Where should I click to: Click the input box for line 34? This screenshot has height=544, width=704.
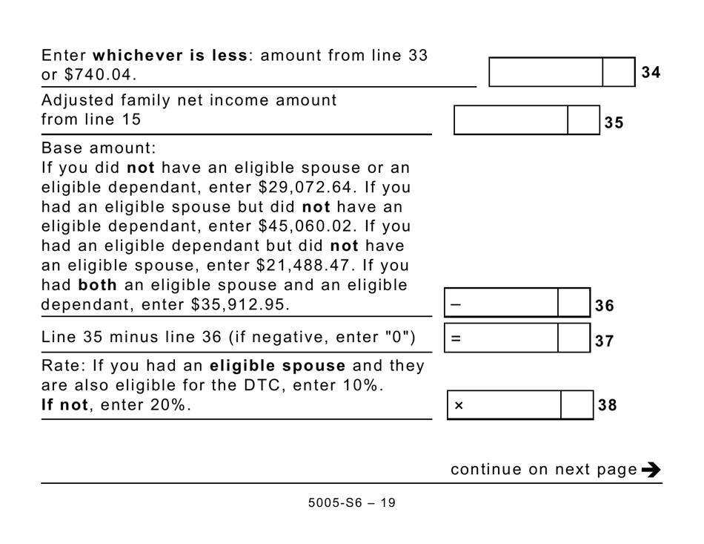(546, 72)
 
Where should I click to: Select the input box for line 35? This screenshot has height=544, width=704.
(511, 120)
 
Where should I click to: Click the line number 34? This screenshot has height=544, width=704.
(651, 72)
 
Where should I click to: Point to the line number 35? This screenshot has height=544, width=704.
(614, 123)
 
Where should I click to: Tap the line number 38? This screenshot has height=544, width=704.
(608, 405)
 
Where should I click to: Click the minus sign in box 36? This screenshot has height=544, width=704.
(455, 304)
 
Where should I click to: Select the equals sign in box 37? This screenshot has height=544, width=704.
(456, 339)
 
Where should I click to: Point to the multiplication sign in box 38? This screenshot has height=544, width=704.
(459, 406)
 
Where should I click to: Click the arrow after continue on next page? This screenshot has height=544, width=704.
(651, 469)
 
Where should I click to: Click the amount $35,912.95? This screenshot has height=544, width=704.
(241, 304)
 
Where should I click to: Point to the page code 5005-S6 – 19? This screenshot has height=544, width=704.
(352, 502)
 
